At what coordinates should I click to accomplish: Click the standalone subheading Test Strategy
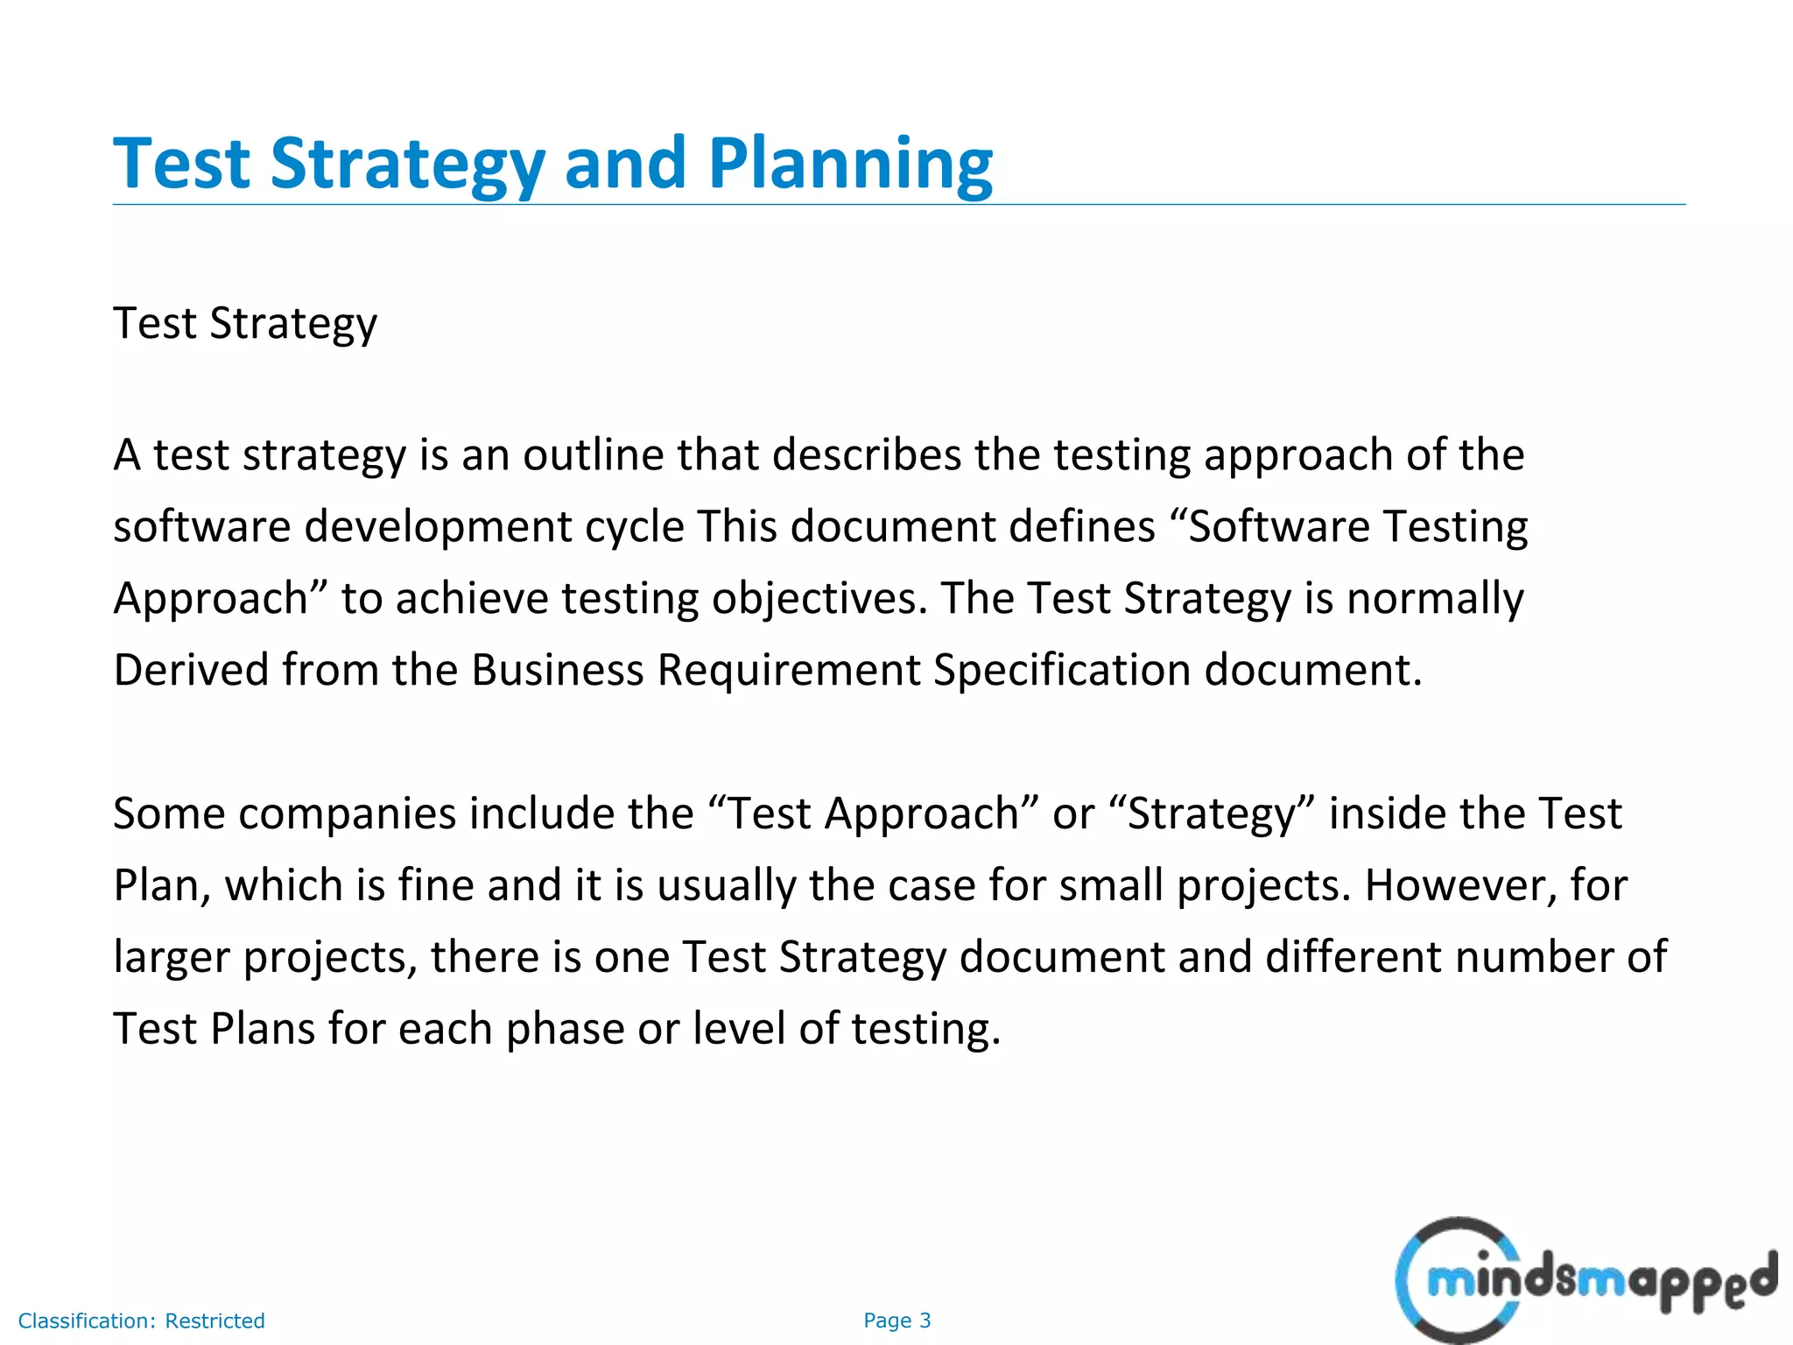245,324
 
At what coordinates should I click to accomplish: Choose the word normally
1435,599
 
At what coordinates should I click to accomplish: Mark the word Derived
191,671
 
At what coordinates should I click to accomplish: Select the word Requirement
788,671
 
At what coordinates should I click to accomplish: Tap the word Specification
1062,671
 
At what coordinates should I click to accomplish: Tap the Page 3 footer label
896,1320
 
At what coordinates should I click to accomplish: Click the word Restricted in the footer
214,1320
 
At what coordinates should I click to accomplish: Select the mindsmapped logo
1585,1280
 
